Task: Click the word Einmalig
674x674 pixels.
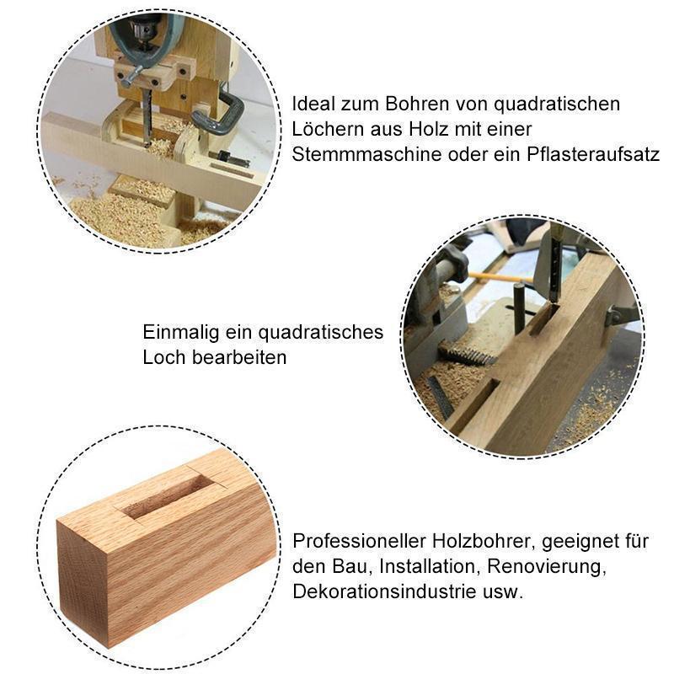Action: [179, 332]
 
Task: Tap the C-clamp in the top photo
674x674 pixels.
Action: [226, 114]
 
